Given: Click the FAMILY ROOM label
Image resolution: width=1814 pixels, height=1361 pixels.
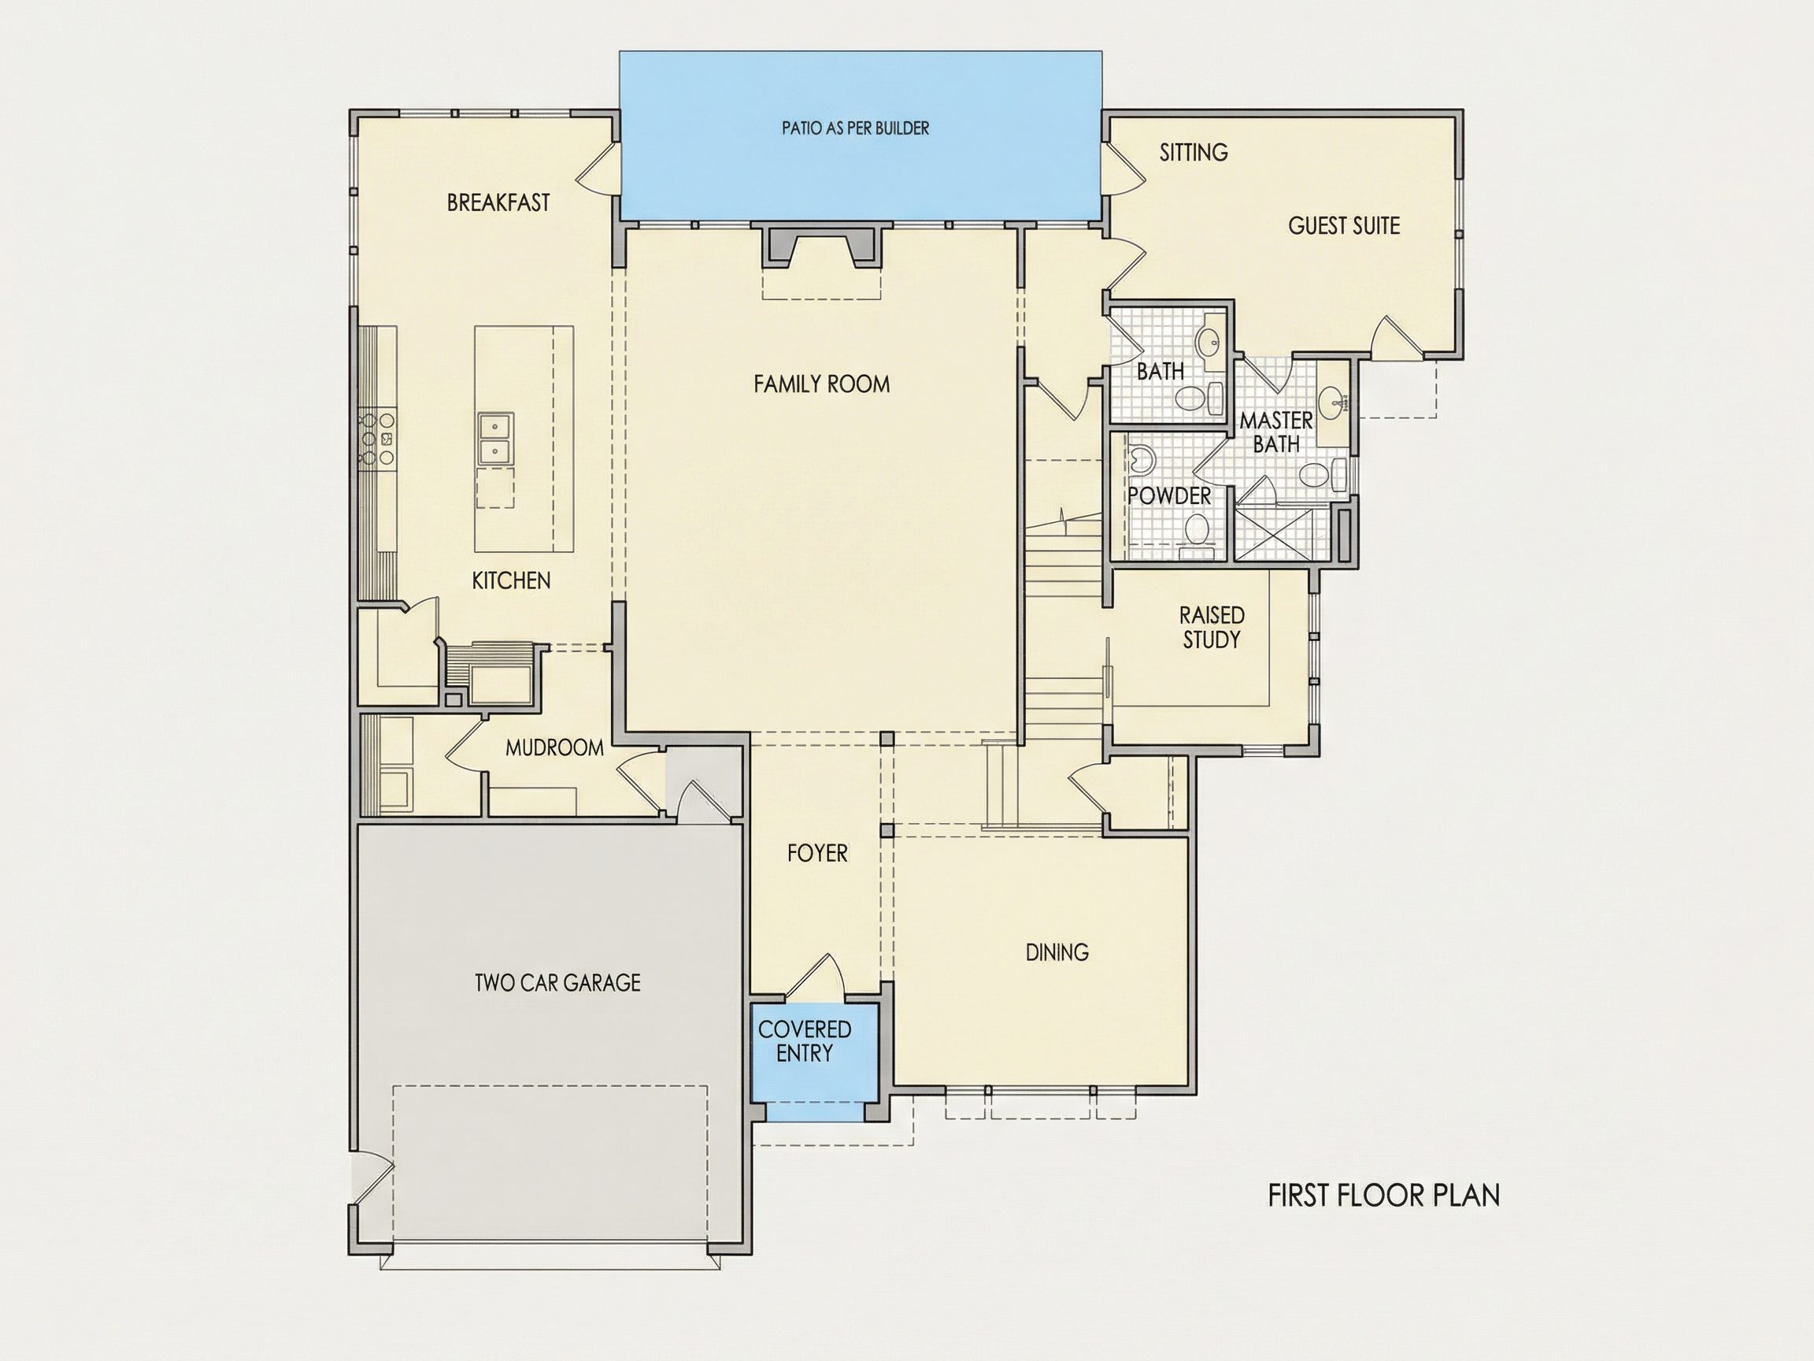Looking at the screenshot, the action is point(822,384).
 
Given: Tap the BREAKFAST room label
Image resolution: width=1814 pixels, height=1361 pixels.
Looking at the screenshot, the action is point(498,202).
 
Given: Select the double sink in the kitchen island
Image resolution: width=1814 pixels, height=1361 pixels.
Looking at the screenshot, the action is point(495,438).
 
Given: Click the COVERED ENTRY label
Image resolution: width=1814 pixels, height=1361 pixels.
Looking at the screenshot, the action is point(805,1041).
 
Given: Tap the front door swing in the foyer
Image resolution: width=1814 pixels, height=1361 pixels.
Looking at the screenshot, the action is point(816,978).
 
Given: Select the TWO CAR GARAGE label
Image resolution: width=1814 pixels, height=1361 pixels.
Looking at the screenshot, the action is point(557,983).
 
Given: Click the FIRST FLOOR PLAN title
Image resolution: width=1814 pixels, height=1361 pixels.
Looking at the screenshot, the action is point(1384,1196).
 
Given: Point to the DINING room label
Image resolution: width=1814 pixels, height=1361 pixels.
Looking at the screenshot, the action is point(1057,952).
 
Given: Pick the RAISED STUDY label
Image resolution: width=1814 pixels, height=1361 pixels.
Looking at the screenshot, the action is point(1212,628).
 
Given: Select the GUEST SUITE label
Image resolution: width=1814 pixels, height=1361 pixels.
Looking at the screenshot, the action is point(1344,225).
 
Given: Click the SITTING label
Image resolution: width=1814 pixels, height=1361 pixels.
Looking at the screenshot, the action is point(1194,153).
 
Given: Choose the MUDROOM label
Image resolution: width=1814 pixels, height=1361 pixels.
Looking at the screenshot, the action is point(554,747).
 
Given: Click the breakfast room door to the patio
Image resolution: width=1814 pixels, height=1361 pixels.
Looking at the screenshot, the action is point(597,169).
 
